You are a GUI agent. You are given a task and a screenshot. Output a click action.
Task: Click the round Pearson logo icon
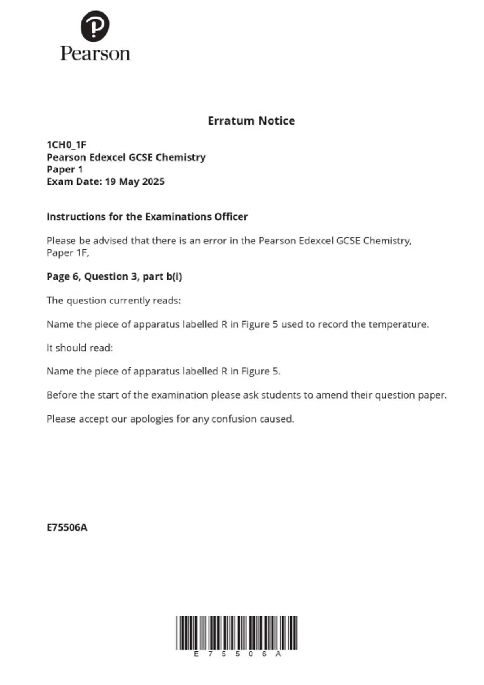(x=95, y=26)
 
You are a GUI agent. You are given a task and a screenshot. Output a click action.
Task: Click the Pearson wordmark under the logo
(x=95, y=54)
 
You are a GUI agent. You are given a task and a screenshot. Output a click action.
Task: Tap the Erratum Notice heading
(x=251, y=120)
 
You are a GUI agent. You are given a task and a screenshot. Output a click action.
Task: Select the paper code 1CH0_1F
(x=67, y=145)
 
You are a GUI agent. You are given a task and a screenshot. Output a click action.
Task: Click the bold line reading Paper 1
(x=65, y=169)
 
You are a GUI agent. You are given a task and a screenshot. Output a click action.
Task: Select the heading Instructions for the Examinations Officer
(x=147, y=217)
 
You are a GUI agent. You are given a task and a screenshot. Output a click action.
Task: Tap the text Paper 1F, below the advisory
(x=68, y=253)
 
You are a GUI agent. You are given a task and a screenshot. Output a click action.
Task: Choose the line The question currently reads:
(x=114, y=300)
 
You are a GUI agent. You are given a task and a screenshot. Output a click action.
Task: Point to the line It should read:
(x=79, y=348)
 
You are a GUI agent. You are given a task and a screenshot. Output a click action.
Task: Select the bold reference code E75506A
(x=67, y=527)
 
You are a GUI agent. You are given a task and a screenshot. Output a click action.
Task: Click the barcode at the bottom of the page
(x=237, y=633)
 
